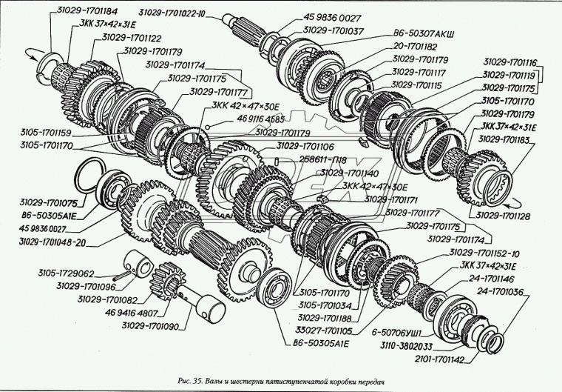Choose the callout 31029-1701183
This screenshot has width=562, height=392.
pyautogui.click(x=509, y=139)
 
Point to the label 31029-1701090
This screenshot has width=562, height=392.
pyautogui.click(x=152, y=325)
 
